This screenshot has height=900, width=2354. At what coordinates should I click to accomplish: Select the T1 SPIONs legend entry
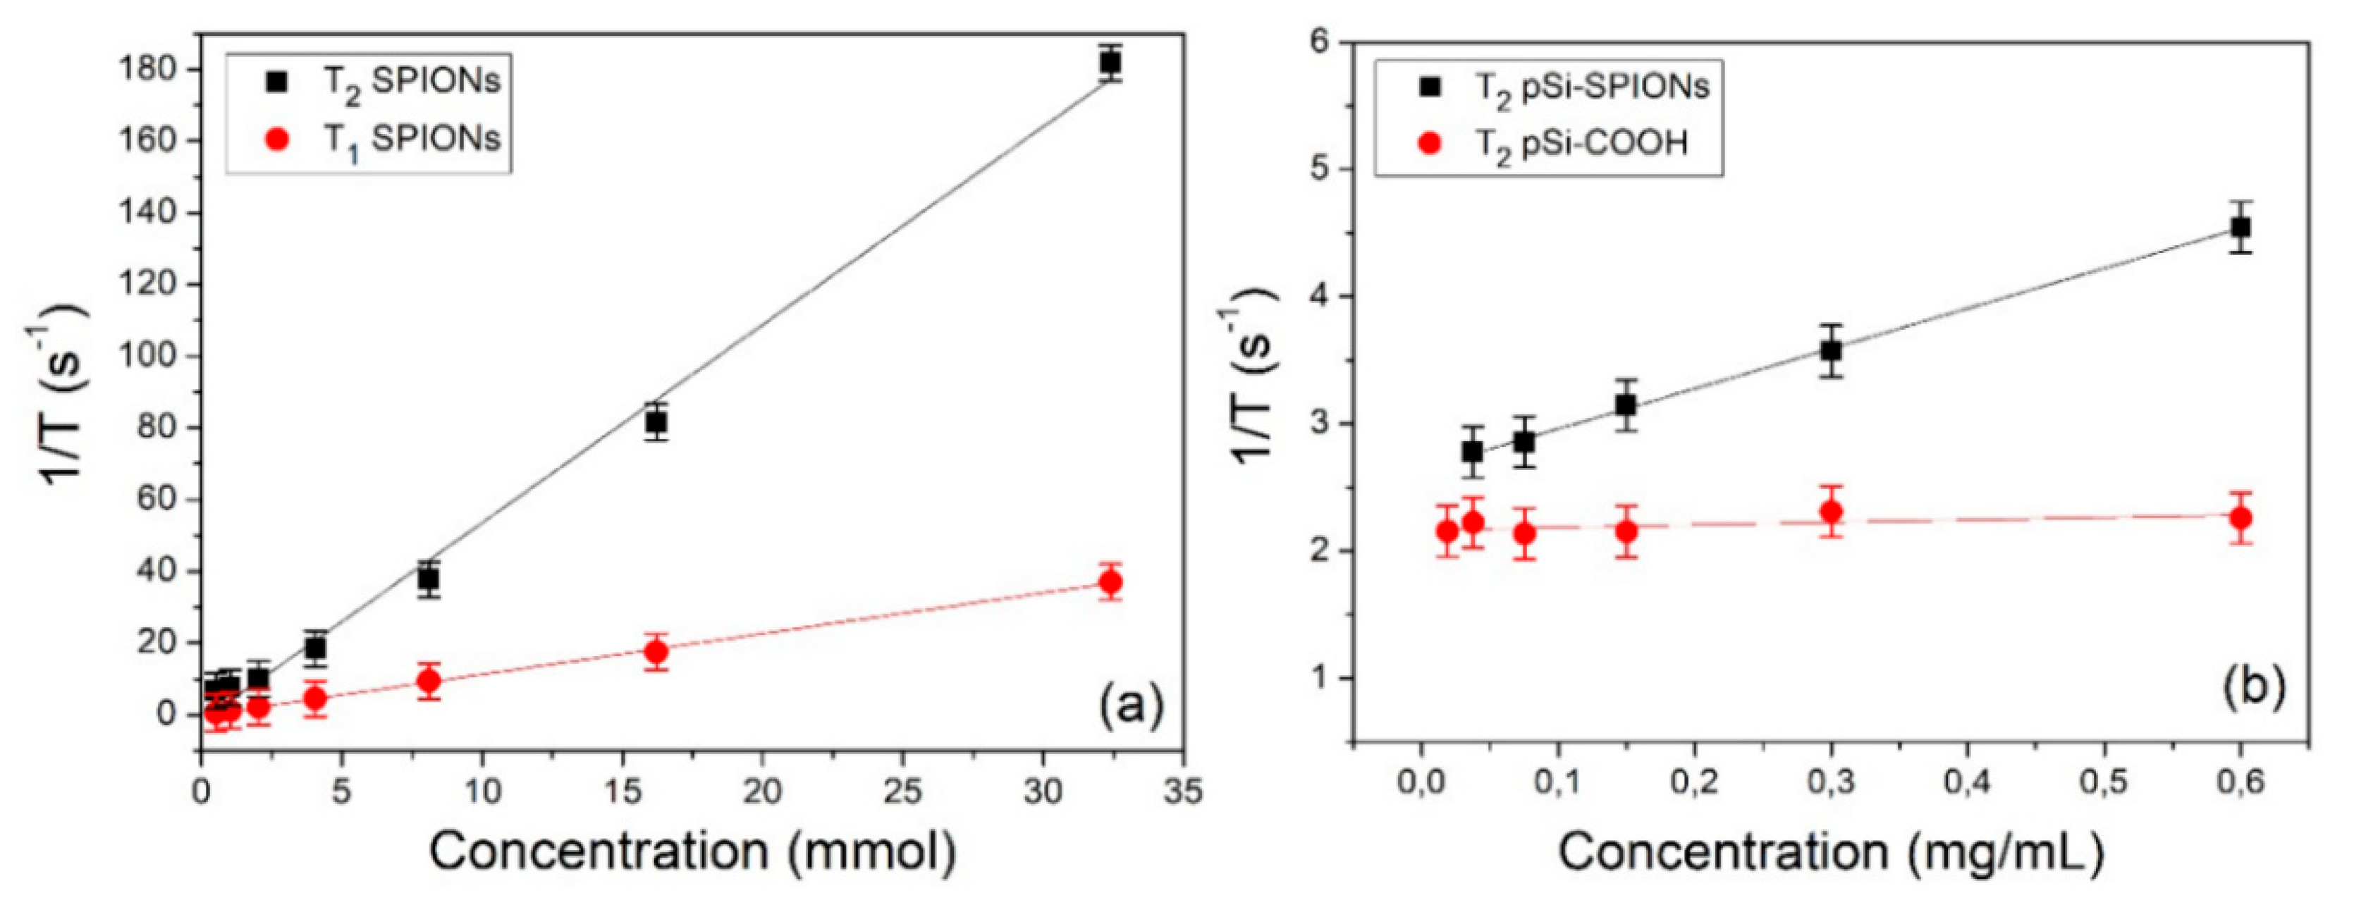(x=384, y=140)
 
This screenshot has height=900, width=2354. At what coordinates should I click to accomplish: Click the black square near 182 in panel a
(x=1110, y=62)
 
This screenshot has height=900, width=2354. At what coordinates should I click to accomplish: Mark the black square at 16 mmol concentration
(x=655, y=422)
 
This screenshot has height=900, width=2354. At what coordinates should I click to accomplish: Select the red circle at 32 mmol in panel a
(x=1110, y=582)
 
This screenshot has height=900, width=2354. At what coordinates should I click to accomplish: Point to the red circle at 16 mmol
(x=655, y=651)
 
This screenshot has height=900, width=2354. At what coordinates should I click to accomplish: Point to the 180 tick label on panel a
(x=151, y=70)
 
